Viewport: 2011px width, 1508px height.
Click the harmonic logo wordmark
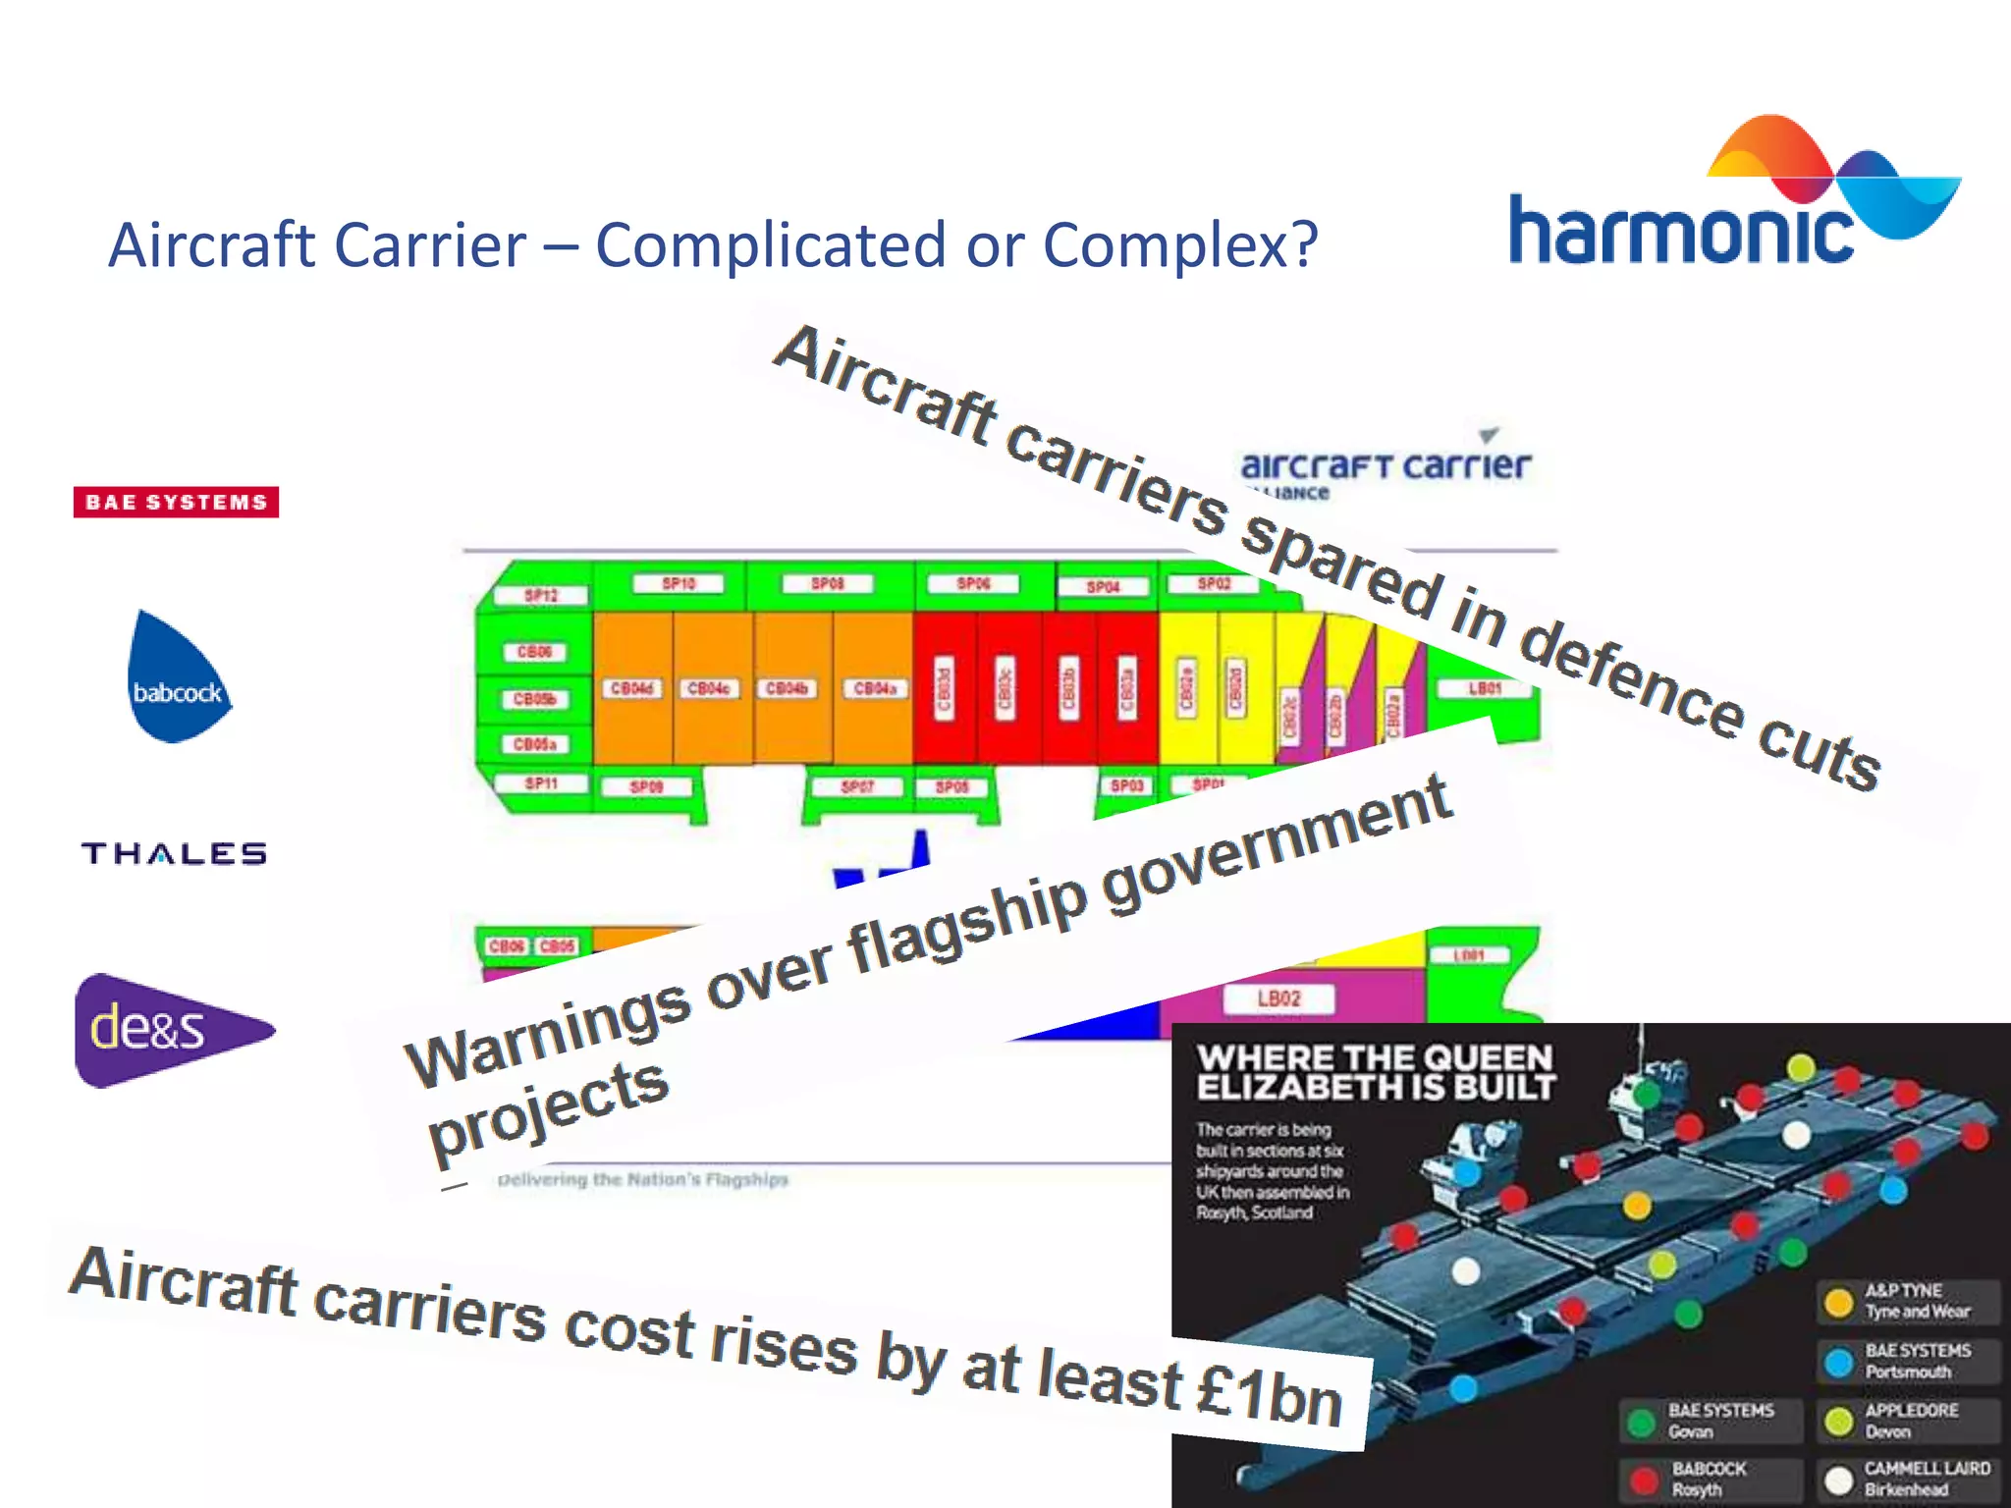tap(1680, 231)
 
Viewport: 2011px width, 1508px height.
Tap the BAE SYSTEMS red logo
tap(176, 502)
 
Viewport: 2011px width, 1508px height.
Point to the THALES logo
tap(174, 853)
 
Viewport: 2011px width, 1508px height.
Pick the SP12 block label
tap(541, 595)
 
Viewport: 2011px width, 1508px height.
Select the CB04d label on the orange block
tap(631, 688)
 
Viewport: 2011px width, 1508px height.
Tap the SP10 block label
tap(679, 583)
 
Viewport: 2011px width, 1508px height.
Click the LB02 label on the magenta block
tap(1278, 998)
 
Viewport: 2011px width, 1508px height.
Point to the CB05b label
tap(534, 699)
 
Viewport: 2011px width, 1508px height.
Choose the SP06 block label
tap(973, 583)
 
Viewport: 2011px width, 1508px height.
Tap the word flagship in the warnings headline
tap(967, 924)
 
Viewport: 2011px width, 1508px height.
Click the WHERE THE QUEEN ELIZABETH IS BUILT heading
tap(1375, 1072)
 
